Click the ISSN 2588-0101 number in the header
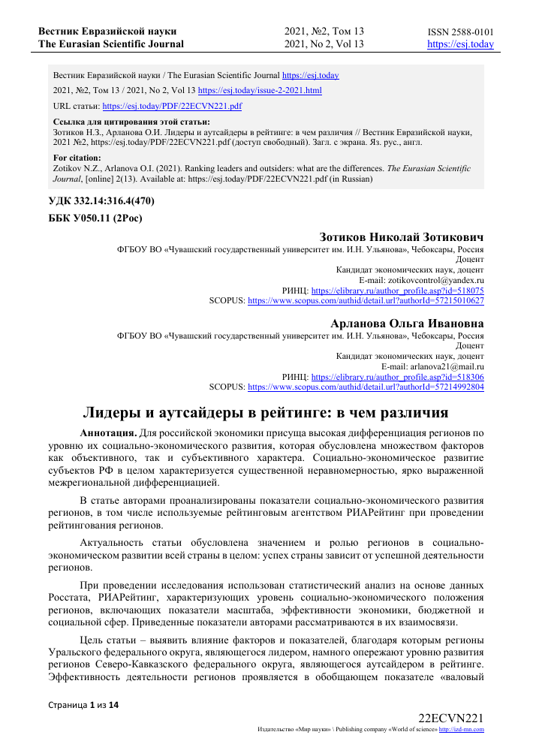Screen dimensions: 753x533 (x=460, y=32)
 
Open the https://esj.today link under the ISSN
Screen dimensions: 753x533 (x=460, y=44)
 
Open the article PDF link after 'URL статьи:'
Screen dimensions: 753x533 (x=171, y=106)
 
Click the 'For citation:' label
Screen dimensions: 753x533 (x=77, y=158)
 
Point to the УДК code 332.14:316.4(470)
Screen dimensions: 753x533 (x=102, y=202)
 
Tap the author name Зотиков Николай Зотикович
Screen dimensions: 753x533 (x=402, y=236)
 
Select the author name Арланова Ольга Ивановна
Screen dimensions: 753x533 (x=407, y=323)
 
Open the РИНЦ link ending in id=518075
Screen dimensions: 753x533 (x=397, y=290)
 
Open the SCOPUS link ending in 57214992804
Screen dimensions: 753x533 (x=366, y=387)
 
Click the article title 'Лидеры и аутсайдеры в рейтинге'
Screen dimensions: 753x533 (x=264, y=412)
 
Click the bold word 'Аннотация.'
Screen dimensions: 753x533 (x=109, y=433)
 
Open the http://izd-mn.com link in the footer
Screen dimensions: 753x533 (x=461, y=728)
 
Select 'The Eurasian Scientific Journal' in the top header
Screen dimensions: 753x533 (x=111, y=44)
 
